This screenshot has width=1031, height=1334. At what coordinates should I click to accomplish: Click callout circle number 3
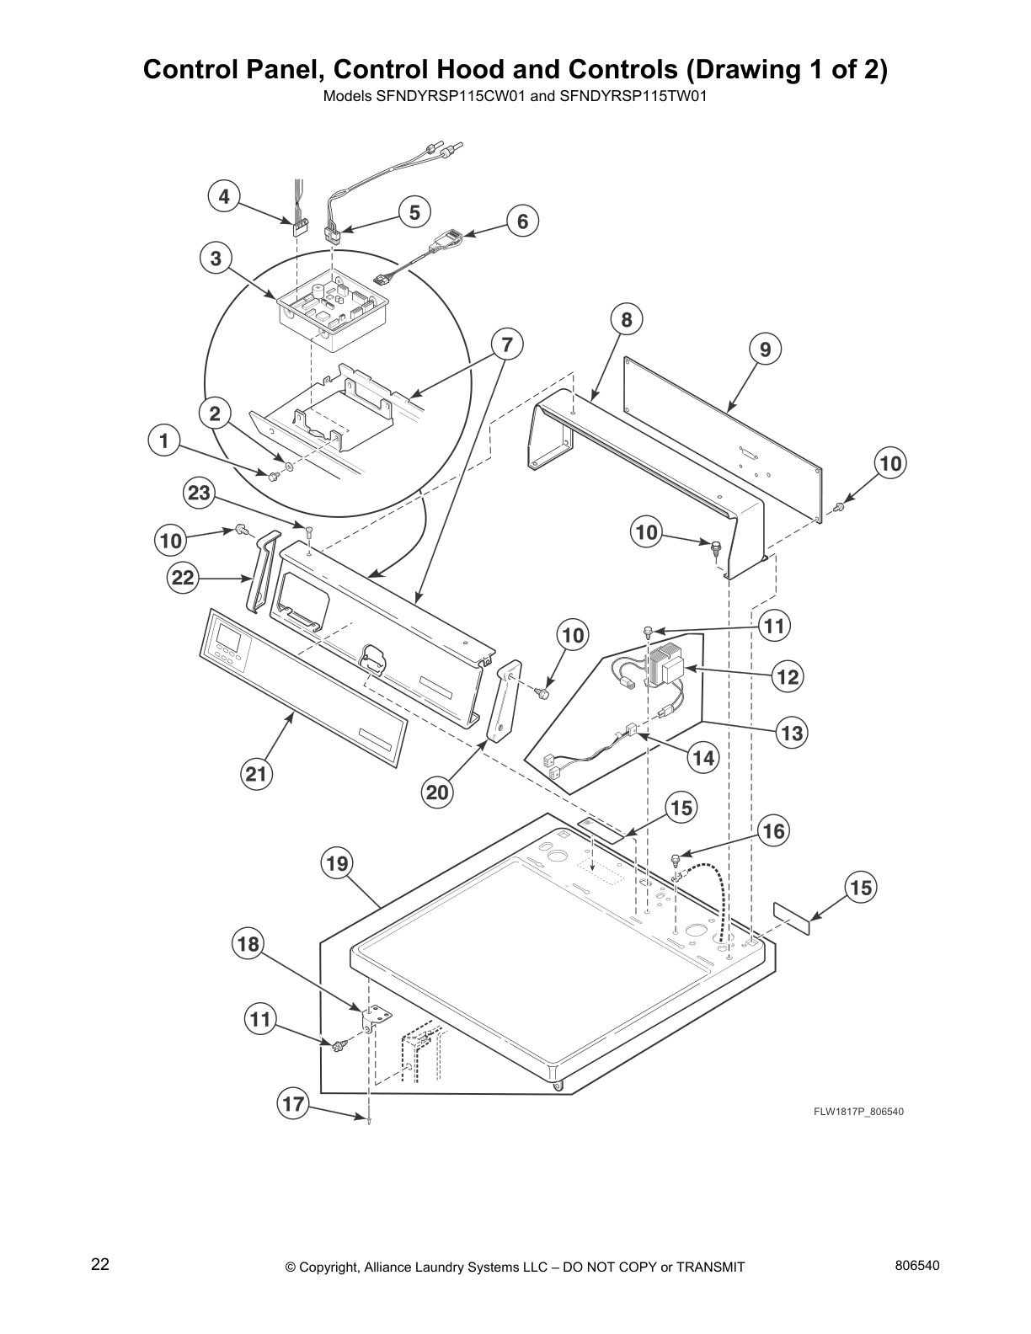[216, 259]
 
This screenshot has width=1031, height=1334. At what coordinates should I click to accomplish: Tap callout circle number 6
[522, 221]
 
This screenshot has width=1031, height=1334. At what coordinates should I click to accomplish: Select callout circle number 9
[765, 349]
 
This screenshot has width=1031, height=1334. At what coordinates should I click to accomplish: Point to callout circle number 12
[788, 676]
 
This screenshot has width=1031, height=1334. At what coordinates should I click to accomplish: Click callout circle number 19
[336, 863]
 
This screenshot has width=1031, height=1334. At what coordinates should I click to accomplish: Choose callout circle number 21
[256, 774]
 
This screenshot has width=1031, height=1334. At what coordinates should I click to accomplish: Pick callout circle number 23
[199, 494]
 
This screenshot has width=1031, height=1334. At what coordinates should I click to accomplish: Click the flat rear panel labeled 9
[724, 438]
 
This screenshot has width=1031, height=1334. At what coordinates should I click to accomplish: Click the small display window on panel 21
[229, 638]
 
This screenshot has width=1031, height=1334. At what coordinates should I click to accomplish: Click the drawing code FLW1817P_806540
[858, 1112]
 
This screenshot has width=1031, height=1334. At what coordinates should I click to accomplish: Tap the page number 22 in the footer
[100, 1264]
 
